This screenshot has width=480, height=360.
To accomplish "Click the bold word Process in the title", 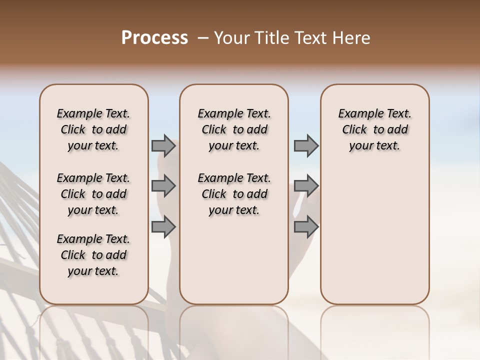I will pos(154,38).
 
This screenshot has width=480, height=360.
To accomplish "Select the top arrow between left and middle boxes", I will pos(163,146).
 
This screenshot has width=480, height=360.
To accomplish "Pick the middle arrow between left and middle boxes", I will pos(163,186).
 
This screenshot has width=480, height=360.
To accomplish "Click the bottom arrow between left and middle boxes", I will pos(163,226).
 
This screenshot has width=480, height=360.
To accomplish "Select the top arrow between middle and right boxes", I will pos(306,146).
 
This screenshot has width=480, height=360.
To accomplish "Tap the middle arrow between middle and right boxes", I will pos(306,186).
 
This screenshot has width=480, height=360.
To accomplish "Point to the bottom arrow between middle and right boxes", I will pos(306,226).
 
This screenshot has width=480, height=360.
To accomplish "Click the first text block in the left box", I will pos(93,129).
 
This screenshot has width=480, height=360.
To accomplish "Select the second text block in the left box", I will pos(93,194).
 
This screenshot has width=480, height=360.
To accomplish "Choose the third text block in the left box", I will pos(93,255).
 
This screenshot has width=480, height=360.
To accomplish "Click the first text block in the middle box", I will pos(234,129).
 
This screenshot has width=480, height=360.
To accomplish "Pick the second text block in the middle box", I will pos(234,194).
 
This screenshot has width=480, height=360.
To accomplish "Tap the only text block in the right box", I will pos(374,129).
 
